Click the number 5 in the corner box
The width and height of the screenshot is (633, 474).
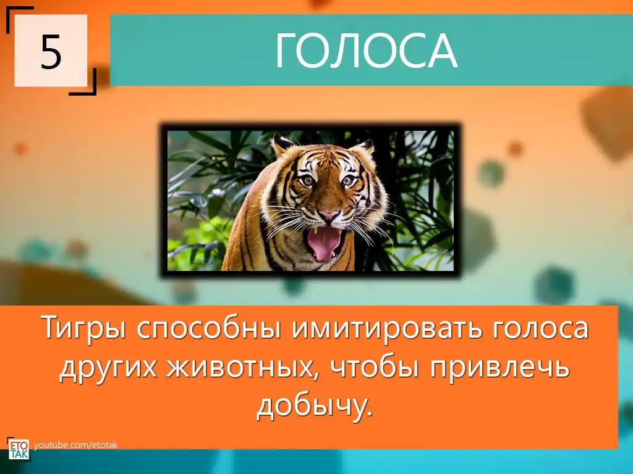tap(51, 51)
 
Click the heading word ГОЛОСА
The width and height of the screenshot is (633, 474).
tap(366, 51)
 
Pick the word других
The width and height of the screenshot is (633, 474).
tap(108, 368)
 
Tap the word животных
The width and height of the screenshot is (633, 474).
tap(241, 368)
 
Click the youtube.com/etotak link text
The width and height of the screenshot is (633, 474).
tap(76, 445)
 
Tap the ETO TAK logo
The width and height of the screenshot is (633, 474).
tap(19, 449)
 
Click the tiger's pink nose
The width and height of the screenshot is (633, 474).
tap(329, 215)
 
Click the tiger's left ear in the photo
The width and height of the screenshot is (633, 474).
tap(282, 144)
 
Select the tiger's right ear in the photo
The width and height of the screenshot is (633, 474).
tap(365, 146)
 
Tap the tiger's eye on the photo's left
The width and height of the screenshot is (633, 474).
tap(308, 181)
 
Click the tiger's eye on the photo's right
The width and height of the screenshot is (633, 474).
tap(347, 182)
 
